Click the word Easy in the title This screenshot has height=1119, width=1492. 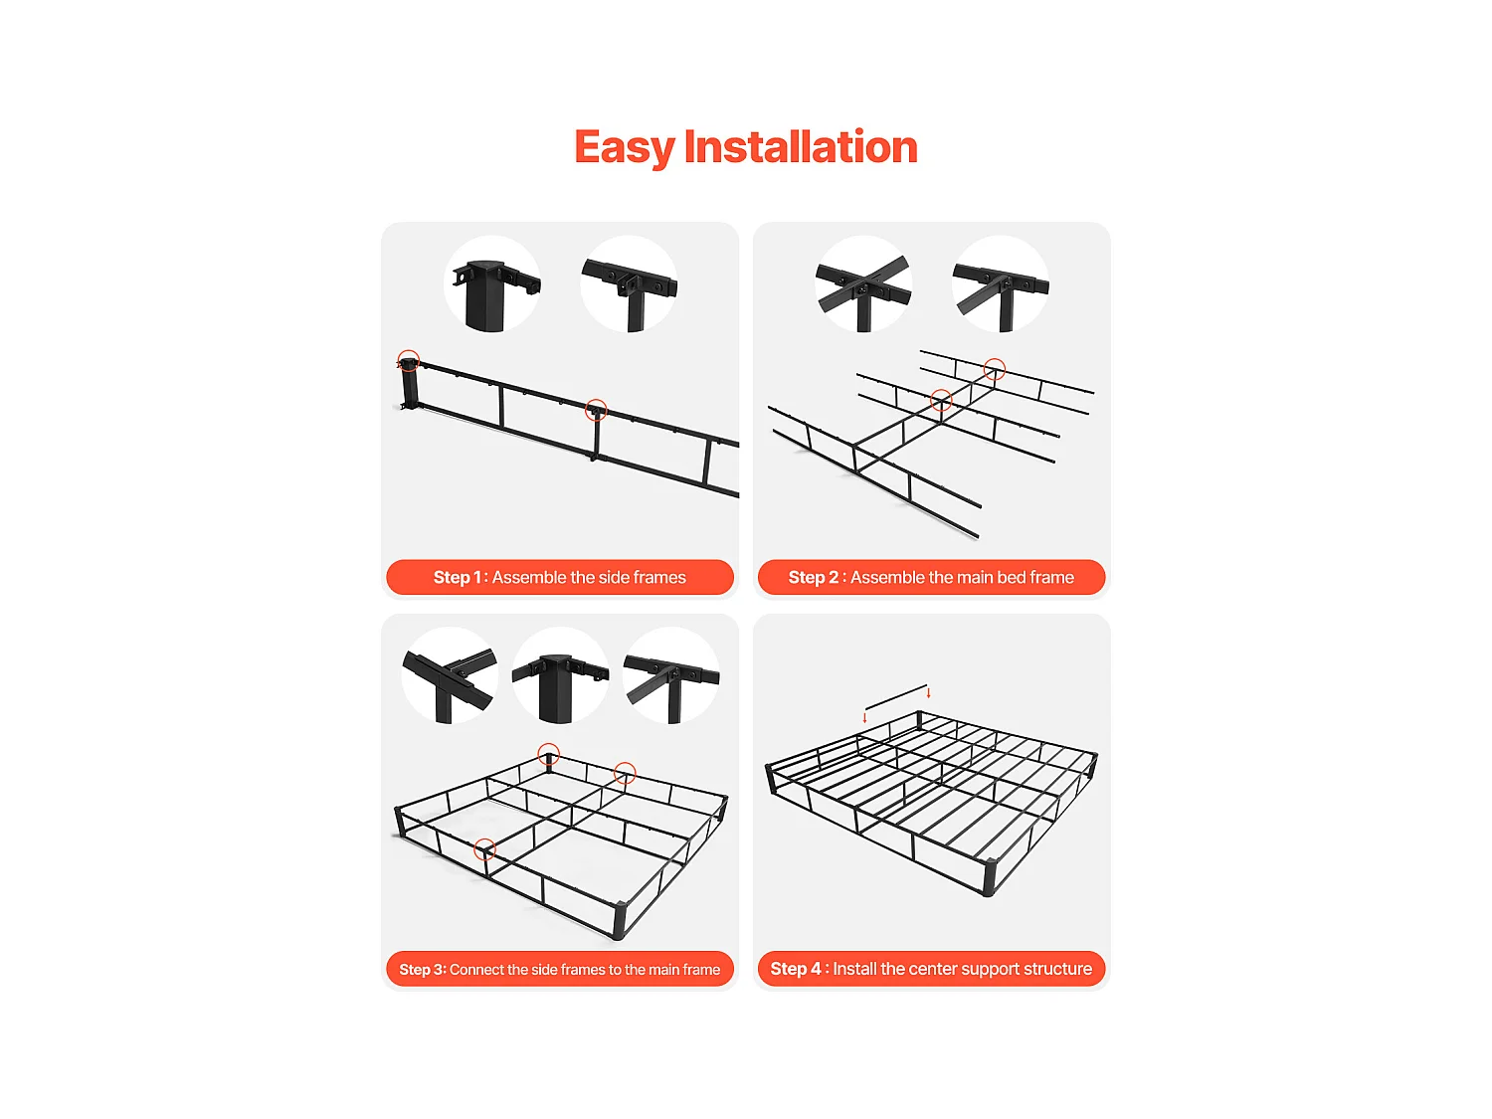[625, 147]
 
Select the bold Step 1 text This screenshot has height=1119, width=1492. [457, 577]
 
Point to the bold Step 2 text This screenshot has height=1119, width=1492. [813, 577]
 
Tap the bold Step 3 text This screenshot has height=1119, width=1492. [421, 969]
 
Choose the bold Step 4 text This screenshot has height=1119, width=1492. [796, 968]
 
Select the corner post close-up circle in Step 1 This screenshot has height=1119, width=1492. [492, 284]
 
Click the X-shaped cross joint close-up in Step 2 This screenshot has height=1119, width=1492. [863, 284]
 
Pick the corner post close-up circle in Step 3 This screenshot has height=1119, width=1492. [560, 675]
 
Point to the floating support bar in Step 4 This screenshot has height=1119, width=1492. [896, 697]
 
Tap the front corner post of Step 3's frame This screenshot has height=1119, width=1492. [620, 921]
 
